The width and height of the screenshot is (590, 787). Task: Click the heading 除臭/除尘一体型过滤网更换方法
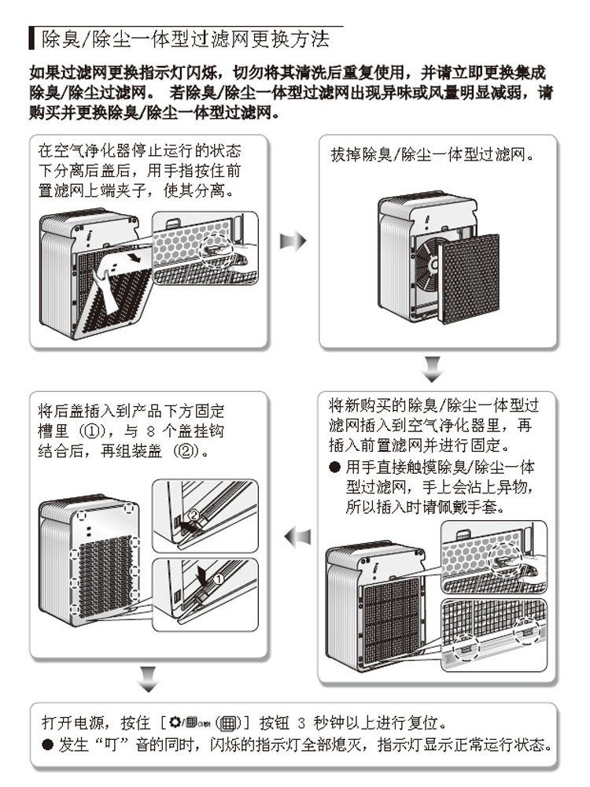(x=185, y=38)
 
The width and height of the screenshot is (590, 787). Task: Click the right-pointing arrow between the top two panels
(x=293, y=241)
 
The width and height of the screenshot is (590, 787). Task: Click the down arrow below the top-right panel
(x=433, y=367)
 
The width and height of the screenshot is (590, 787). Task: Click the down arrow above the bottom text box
(x=148, y=674)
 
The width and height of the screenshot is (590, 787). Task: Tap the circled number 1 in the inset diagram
(x=219, y=578)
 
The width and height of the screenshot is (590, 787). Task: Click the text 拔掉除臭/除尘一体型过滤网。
(x=433, y=155)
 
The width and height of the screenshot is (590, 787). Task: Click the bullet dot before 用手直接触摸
(x=334, y=467)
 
